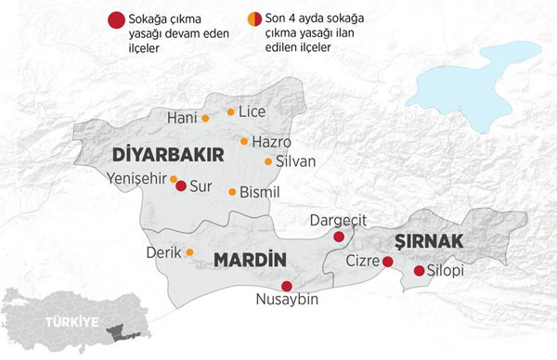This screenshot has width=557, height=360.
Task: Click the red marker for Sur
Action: [x=181, y=186]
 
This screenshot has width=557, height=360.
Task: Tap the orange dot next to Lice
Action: [x=231, y=111]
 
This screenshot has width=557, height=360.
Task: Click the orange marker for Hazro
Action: [x=244, y=141]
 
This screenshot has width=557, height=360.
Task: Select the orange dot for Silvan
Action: [x=268, y=161]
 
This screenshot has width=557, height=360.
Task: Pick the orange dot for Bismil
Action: [x=232, y=191]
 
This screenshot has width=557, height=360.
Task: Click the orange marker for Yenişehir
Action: [x=173, y=178]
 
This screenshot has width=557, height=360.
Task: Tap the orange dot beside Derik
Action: [x=189, y=251]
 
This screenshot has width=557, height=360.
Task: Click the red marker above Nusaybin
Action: [x=287, y=286]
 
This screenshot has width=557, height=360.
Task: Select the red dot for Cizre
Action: [x=387, y=262]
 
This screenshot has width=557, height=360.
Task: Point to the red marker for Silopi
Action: [x=419, y=271]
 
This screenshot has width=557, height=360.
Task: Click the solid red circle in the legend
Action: [x=115, y=19]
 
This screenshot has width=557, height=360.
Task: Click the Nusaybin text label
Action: [x=287, y=301]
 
